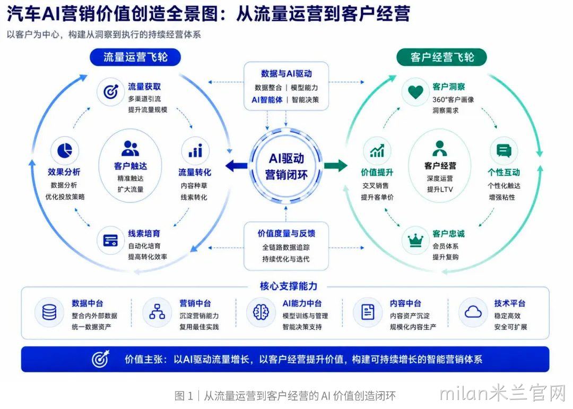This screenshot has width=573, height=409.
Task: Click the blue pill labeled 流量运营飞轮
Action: point(135,57)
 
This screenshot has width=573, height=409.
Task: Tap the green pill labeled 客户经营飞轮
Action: point(441,57)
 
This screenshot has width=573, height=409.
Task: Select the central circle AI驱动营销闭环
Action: point(286,166)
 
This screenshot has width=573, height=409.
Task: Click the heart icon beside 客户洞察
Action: point(415,92)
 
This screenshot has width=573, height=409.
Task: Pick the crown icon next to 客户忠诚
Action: point(415,240)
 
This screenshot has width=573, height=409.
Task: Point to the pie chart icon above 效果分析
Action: point(65,150)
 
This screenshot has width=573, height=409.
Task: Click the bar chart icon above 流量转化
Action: point(195,150)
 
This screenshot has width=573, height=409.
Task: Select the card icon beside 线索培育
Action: point(110,240)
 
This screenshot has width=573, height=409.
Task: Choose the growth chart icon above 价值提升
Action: point(377,150)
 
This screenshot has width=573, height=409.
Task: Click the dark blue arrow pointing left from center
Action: point(236,166)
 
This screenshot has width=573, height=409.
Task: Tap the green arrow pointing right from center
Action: point(335,165)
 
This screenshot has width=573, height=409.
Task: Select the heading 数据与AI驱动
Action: point(286,73)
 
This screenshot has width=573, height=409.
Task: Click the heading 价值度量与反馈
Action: point(286,233)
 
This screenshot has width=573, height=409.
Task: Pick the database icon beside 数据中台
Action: point(49,312)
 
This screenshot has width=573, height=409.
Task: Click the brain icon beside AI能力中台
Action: point(261,312)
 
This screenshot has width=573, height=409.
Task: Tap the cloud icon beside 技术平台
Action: point(473,312)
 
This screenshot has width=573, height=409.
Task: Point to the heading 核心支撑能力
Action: point(288,286)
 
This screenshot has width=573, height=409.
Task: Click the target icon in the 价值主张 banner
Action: point(100,359)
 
